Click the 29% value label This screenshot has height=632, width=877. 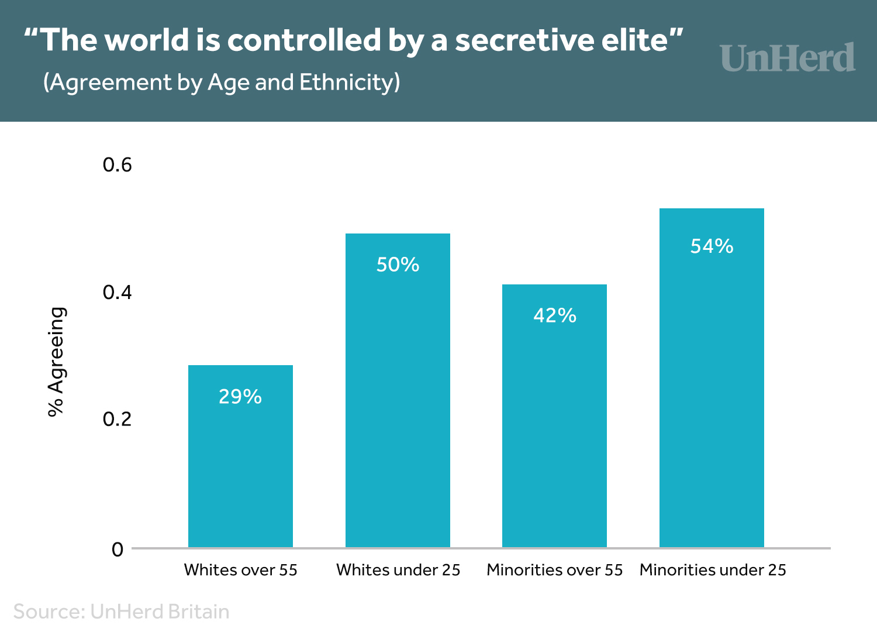(x=240, y=397)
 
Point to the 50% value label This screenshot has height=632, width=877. (x=398, y=265)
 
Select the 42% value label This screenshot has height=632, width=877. (x=555, y=315)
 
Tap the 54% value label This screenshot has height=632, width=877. (x=712, y=246)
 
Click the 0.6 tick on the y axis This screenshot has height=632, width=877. (x=117, y=165)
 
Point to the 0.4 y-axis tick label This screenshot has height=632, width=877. (x=117, y=292)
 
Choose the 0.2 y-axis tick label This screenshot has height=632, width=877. (x=117, y=419)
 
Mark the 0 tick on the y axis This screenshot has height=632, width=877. (x=118, y=549)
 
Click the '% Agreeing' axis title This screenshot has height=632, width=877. (x=56, y=362)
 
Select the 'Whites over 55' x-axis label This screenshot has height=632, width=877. (x=240, y=570)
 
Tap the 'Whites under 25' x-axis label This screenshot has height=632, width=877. (x=398, y=570)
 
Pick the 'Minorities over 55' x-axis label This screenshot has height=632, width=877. (x=555, y=570)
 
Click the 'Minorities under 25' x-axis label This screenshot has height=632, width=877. (x=713, y=570)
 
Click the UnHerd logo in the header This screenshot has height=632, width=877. (x=788, y=58)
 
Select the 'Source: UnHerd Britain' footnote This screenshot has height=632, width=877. (x=121, y=612)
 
